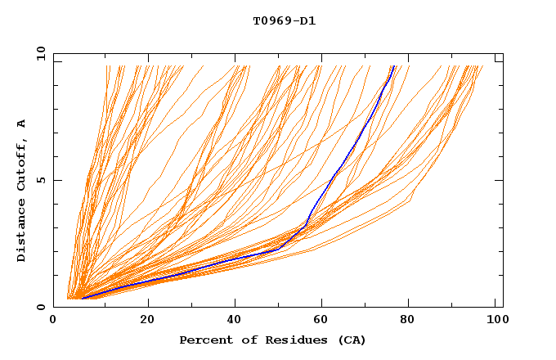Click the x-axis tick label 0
pyautogui.click(x=53, y=321)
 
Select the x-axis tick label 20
pyautogui.click(x=147, y=321)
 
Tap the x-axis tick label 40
pyautogui.click(x=235, y=321)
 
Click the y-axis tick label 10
pyautogui.click(x=40, y=53)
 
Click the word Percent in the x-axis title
pyautogui.click(x=204, y=340)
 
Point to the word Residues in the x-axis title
pyautogui.click(x=284, y=340)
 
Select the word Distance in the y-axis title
pyautogui.click(x=22, y=234)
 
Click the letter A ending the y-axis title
pyautogui.click(x=22, y=124)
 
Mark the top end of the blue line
pyautogui.click(x=393, y=67)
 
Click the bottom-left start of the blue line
pyautogui.click(x=82, y=298)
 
